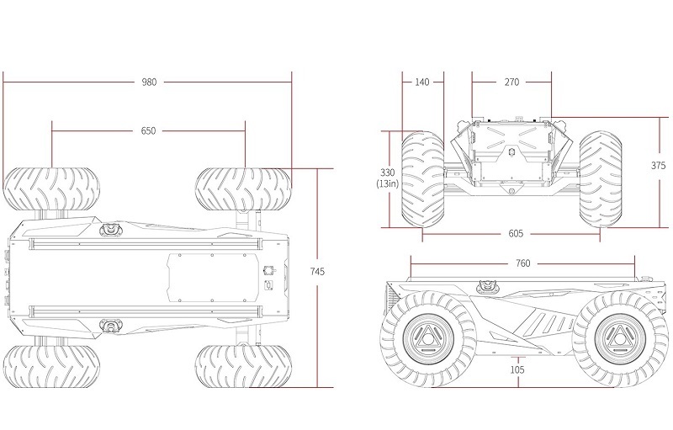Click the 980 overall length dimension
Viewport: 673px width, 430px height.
(150, 82)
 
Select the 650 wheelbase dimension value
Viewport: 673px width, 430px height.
(149, 131)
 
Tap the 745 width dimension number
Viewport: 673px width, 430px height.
(317, 272)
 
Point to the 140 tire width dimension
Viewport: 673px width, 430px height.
(422, 82)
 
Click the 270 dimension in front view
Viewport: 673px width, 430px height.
(511, 82)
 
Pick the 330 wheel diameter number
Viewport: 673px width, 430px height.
(387, 173)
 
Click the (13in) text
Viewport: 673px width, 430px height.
(387, 183)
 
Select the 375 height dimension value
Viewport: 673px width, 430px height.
(658, 166)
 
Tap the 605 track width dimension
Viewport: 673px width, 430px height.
(516, 233)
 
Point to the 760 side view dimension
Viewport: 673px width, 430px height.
(522, 263)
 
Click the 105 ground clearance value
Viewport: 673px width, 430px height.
(517, 369)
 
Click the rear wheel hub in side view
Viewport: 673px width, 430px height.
(427, 339)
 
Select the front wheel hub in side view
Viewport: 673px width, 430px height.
(618, 339)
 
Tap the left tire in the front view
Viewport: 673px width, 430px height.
(423, 179)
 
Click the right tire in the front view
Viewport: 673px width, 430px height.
(601, 179)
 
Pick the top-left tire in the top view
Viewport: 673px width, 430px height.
(51, 189)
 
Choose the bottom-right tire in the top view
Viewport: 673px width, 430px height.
(243, 366)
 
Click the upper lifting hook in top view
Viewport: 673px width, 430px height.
(111, 230)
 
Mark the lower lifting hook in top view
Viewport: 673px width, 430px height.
(111, 326)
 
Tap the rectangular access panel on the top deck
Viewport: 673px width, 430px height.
(214, 278)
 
